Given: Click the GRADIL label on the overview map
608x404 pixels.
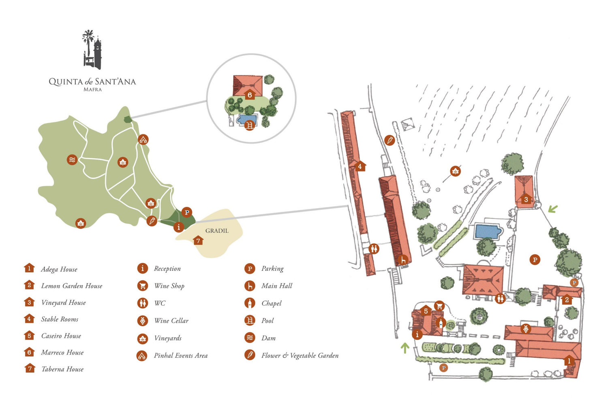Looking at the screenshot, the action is point(217,231).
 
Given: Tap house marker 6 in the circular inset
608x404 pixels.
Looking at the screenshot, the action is point(250,94).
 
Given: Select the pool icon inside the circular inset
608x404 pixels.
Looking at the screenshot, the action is point(250,125).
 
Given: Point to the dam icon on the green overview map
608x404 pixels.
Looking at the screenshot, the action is point(72,160).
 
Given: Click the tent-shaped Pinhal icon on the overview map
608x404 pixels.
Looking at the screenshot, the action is point(143,139).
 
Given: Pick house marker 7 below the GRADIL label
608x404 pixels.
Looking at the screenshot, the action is point(199,240).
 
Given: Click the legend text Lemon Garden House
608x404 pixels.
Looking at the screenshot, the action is point(72,286).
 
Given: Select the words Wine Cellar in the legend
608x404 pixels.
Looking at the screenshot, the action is point(171,321).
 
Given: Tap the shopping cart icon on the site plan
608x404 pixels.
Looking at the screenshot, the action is point(439,306).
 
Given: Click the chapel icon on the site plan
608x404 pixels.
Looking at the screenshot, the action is point(441,323).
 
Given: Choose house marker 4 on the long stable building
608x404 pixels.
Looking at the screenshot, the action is point(360,166).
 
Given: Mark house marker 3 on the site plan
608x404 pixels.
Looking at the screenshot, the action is point(526,199).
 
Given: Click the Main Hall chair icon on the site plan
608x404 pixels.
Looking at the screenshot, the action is point(403,260).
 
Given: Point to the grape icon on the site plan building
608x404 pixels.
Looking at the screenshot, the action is point(526,329).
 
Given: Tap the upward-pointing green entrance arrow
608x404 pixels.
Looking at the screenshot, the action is point(405,348).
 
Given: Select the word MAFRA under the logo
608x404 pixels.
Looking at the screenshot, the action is point(92,89).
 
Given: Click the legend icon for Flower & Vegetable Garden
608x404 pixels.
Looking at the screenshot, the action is point(250,355).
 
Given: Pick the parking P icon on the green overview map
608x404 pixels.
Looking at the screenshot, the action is point(187,212).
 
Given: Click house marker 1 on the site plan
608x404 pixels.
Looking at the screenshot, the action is point(569,361).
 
